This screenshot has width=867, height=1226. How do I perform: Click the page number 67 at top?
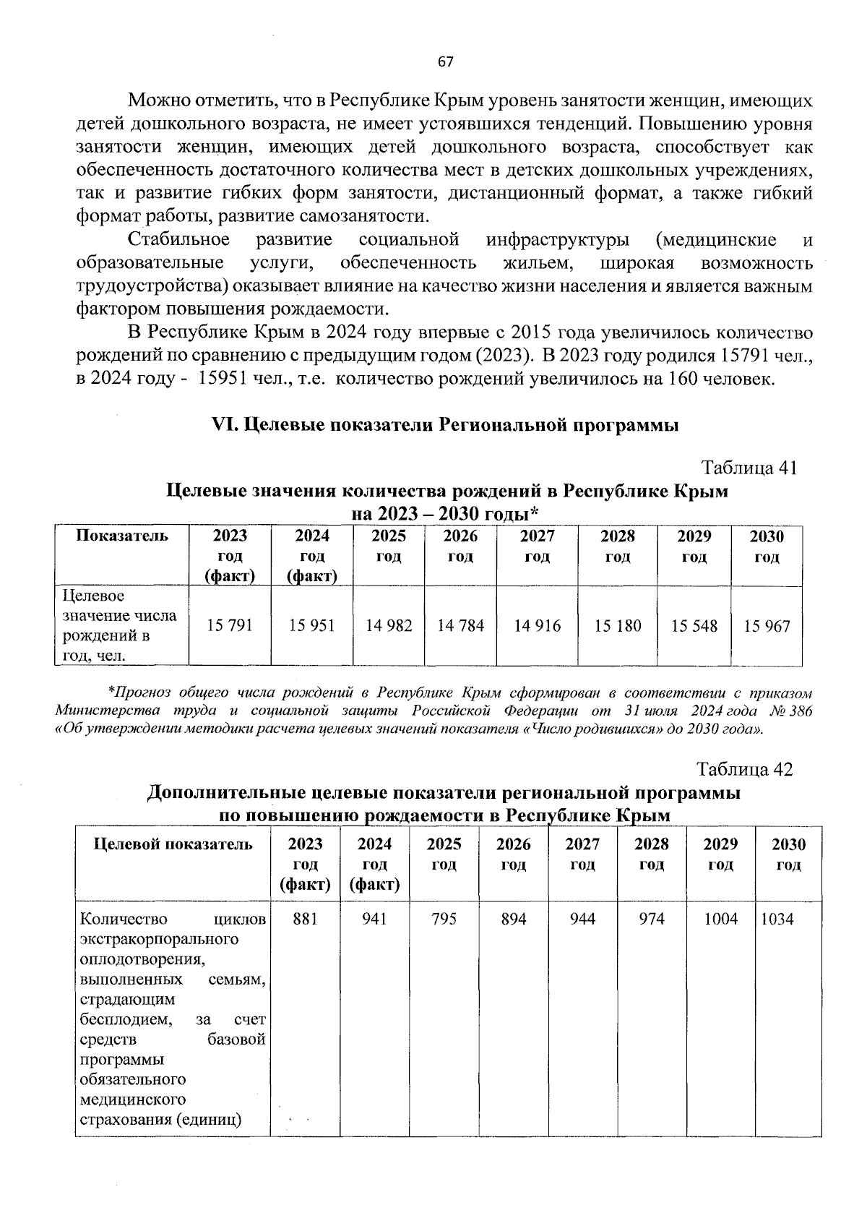pyautogui.click(x=446, y=62)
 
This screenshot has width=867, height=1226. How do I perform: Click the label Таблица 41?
pyautogui.click(x=749, y=468)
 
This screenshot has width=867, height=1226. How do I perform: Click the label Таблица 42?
pyautogui.click(x=745, y=769)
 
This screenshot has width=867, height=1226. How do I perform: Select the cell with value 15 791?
pyautogui.click(x=230, y=625)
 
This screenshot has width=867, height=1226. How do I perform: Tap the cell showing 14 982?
pyautogui.click(x=389, y=625)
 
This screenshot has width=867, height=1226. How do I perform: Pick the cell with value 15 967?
pyautogui.click(x=767, y=625)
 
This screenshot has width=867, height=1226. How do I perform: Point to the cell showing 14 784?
pyautogui.click(x=461, y=625)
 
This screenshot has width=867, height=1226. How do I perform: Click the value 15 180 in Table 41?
pyautogui.click(x=618, y=625)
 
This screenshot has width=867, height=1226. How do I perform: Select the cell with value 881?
pyautogui.click(x=306, y=919)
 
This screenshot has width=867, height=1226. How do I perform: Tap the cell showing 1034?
pyautogui.click(x=777, y=919)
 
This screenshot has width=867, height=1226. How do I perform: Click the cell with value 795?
pyautogui.click(x=444, y=919)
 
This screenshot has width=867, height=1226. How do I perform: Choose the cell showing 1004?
pyautogui.click(x=721, y=919)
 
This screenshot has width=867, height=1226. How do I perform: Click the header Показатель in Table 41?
pyautogui.click(x=122, y=536)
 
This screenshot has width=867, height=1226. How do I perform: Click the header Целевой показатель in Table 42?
pyautogui.click(x=173, y=844)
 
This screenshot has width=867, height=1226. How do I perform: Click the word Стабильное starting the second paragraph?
pyautogui.click(x=178, y=239)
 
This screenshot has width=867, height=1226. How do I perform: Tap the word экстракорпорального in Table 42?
pyautogui.click(x=160, y=939)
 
